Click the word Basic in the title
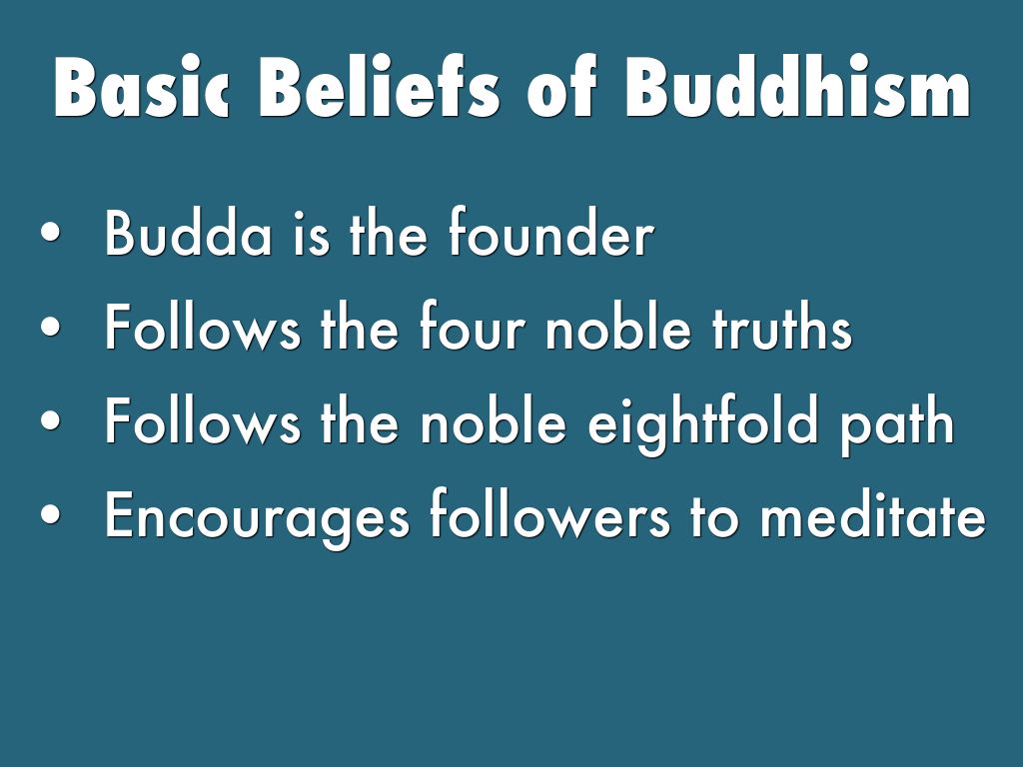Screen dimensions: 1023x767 click(x=142, y=88)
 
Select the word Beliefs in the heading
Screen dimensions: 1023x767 click(x=379, y=86)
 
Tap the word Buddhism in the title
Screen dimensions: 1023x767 click(x=798, y=86)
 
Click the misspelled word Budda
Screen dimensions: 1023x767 click(x=188, y=233)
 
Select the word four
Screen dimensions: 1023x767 click(x=472, y=327)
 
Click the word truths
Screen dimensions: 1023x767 click(x=781, y=327)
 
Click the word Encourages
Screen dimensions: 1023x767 click(x=257, y=519)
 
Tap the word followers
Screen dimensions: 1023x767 click(x=549, y=514)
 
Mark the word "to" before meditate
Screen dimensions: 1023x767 click(x=714, y=518)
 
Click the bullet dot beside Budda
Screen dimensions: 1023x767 click(x=50, y=233)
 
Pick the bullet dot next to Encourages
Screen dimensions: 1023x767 click(x=50, y=514)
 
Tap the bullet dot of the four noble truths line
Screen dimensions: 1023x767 click(x=50, y=327)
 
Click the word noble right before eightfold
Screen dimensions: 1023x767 click(x=493, y=420)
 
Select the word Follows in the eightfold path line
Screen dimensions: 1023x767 click(x=203, y=420)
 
